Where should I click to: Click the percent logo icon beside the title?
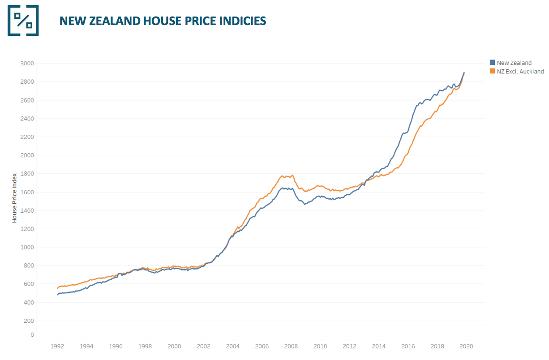(23, 21)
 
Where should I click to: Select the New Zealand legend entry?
(514, 63)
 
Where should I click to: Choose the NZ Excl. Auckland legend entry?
(520, 71)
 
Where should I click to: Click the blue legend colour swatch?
(493, 63)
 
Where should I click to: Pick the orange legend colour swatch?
(493, 71)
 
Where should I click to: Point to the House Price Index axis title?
(14, 197)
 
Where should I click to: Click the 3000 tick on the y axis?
(27, 63)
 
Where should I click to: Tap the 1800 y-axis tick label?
(27, 174)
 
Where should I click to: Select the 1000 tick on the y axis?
(27, 247)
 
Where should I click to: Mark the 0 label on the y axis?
(32, 334)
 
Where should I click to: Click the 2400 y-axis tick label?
(27, 119)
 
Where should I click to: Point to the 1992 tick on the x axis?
(57, 346)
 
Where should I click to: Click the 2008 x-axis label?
(291, 346)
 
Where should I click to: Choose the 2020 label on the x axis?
(466, 346)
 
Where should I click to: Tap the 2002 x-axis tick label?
(203, 346)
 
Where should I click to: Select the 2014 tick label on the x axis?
(379, 346)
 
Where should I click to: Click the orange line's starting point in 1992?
(57, 288)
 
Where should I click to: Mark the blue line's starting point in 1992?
(57, 295)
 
